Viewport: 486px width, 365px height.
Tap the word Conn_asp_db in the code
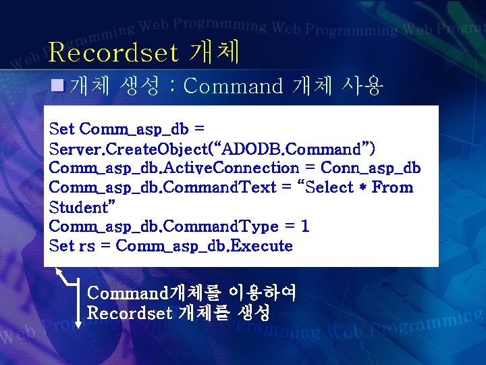(x=371, y=168)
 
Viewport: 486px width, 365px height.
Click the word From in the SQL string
(x=392, y=187)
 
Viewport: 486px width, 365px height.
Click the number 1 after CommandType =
(x=305, y=226)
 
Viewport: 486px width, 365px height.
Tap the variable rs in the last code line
(x=86, y=246)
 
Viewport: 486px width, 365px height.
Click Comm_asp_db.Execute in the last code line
(x=205, y=246)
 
